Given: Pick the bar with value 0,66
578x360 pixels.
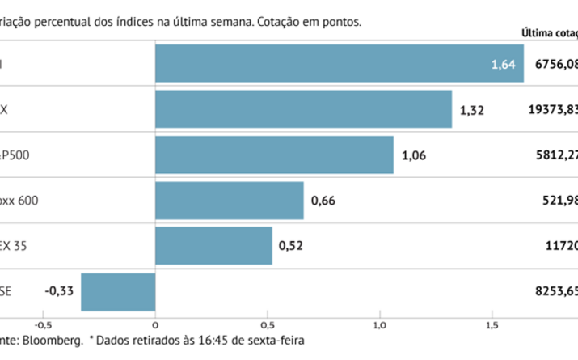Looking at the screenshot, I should [x=230, y=201].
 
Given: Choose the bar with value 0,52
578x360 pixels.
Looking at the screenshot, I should [x=213, y=246].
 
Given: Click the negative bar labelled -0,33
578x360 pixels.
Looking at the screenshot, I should [x=118, y=292].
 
